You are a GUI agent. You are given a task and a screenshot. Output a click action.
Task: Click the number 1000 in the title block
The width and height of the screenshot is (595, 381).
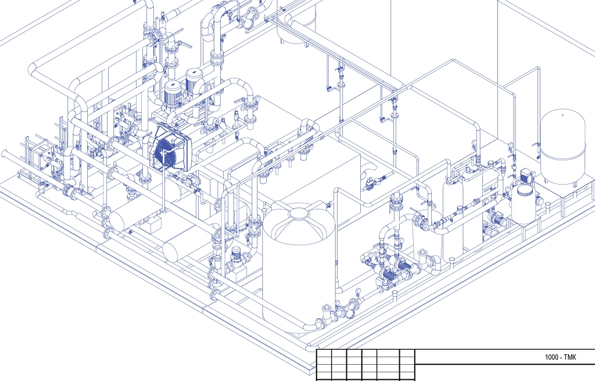point(551,357)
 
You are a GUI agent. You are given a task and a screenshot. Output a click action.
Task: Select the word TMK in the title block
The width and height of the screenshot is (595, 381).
point(570,357)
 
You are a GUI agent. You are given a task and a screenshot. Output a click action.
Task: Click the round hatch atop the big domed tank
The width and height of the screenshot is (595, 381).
point(299,214)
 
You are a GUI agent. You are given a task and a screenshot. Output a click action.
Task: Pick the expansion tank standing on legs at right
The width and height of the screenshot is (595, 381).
point(562,148)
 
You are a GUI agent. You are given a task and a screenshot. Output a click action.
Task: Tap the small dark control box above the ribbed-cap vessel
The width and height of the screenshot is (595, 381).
point(528,175)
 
